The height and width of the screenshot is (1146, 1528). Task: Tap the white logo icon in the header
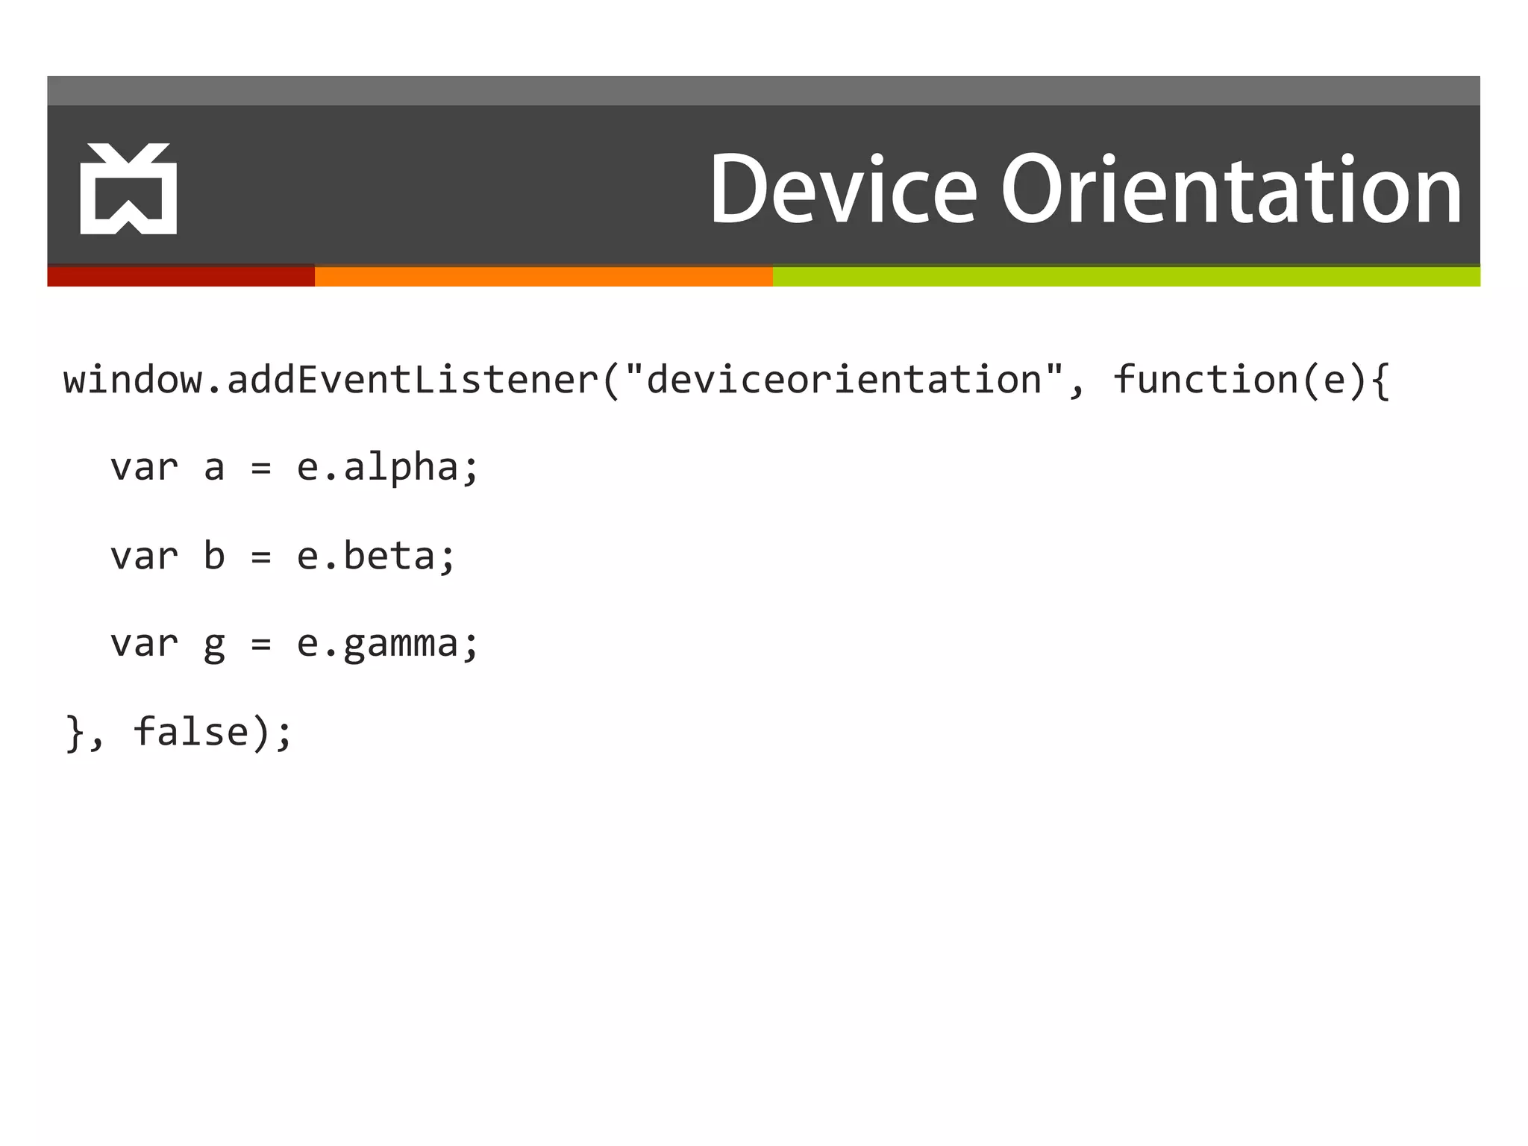pyautogui.click(x=128, y=189)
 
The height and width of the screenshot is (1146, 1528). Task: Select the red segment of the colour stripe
pyautogui.click(x=181, y=277)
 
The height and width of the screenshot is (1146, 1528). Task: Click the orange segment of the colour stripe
pyautogui.click(x=543, y=277)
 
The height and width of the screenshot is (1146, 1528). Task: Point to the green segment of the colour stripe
pyautogui.click(x=1127, y=277)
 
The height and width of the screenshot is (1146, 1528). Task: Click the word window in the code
pyautogui.click(x=133, y=380)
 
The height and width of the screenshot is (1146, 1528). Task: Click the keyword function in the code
pyautogui.click(x=1206, y=380)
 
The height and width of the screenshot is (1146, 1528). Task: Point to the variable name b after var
pyautogui.click(x=214, y=557)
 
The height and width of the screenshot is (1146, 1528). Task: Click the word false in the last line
pyautogui.click(x=191, y=732)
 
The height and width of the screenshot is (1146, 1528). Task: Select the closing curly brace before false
pyautogui.click(x=75, y=732)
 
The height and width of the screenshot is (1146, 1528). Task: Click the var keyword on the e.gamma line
pyautogui.click(x=144, y=644)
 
